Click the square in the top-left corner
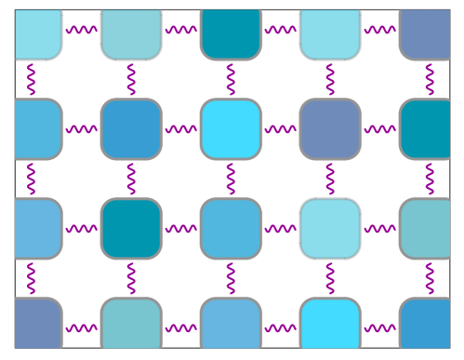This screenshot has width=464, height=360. [38, 31]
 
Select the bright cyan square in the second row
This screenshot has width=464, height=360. [231, 128]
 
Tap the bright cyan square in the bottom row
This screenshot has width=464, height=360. [330, 326]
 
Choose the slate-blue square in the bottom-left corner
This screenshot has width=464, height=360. [38, 326]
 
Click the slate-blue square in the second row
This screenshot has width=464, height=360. [330, 128]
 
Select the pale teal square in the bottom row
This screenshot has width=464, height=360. [131, 326]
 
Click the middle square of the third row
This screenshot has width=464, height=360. [231, 228]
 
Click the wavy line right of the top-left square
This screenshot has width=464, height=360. [82, 30]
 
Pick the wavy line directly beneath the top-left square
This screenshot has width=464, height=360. [33, 79]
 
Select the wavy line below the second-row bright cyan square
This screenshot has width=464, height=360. [231, 178]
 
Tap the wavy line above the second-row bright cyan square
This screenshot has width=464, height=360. [231, 79]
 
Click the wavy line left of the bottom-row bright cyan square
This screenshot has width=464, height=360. [280, 327]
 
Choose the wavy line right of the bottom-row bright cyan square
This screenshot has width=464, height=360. [379, 327]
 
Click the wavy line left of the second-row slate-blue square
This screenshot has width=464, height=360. [280, 128]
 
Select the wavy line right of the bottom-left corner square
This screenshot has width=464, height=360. [82, 327]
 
